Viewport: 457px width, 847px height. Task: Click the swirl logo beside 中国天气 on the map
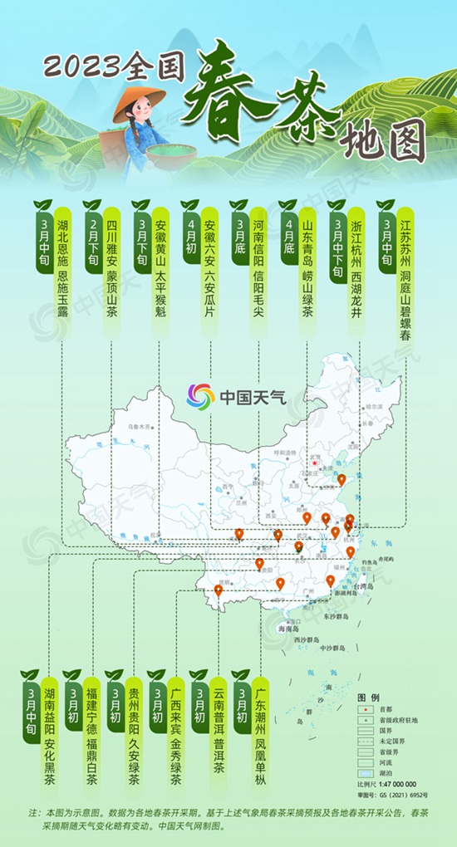coord(200,395)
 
